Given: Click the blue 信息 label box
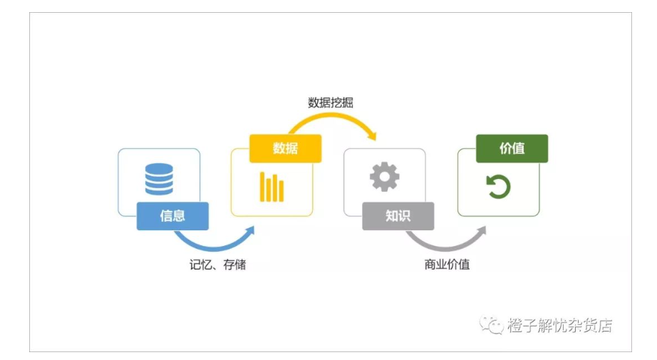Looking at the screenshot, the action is pyautogui.click(x=172, y=216).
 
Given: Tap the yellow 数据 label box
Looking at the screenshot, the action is pyautogui.click(x=285, y=148).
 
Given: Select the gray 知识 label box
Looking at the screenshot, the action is pyautogui.click(x=398, y=216).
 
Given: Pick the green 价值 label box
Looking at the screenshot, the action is pyautogui.click(x=512, y=148).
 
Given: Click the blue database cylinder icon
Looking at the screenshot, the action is pyautogui.click(x=159, y=179).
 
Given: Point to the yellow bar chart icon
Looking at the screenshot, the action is pyautogui.click(x=271, y=187).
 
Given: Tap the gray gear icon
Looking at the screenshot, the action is pyautogui.click(x=385, y=177).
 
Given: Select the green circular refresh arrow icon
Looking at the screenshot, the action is pyautogui.click(x=498, y=187).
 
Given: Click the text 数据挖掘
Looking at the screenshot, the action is pyautogui.click(x=331, y=103).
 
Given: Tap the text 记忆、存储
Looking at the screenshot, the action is pyautogui.click(x=217, y=264).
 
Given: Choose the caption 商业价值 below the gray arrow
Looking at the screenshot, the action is pyautogui.click(x=447, y=264).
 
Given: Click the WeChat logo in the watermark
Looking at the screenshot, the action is pyautogui.click(x=491, y=325).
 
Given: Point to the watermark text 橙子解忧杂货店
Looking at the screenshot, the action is pyautogui.click(x=560, y=325).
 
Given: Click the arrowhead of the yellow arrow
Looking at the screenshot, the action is pyautogui.click(x=371, y=135).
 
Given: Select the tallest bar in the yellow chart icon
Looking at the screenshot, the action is pyautogui.click(x=262, y=187).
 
